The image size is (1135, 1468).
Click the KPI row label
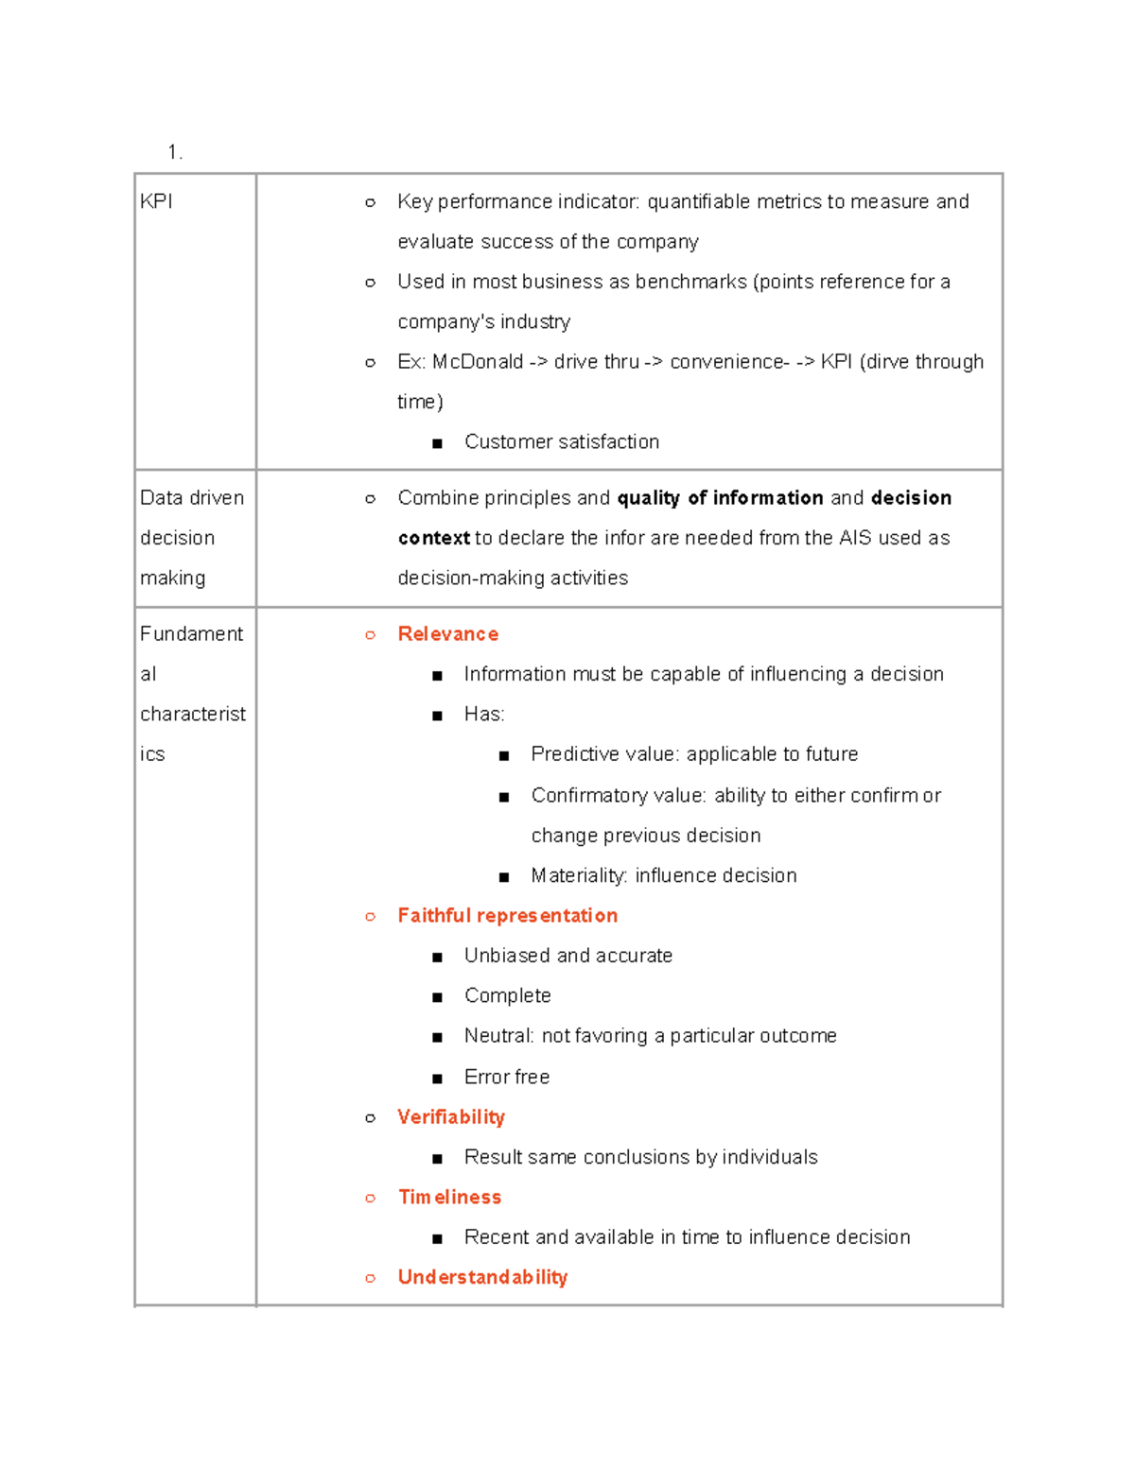[x=156, y=201]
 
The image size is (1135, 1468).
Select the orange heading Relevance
[x=447, y=634]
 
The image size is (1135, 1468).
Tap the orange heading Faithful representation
[x=507, y=916]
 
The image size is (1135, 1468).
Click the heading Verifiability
[x=451, y=1117]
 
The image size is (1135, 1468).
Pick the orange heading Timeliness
[x=449, y=1198]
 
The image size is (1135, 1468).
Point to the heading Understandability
[x=482, y=1278]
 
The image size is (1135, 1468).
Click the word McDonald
[x=478, y=362]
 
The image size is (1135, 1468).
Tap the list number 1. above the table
[x=174, y=152]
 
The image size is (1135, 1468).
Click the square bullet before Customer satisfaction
[x=437, y=443]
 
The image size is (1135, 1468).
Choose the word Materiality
[x=578, y=876]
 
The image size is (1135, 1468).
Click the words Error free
[x=507, y=1078]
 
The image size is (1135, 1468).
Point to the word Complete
[x=507, y=996]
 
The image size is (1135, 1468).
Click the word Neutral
[x=498, y=1036]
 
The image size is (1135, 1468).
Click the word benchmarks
[x=690, y=282]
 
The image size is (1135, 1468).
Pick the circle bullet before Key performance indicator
[x=370, y=202]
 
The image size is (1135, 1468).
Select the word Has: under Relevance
[x=483, y=715]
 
